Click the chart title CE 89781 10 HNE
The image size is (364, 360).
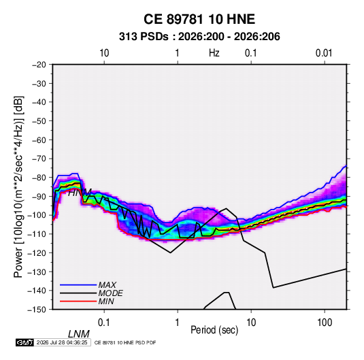click(199, 19)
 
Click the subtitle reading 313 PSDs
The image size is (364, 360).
click(144, 37)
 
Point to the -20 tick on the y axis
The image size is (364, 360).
click(39, 65)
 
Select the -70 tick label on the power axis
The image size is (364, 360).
click(39, 159)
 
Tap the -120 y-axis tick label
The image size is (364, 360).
click(37, 253)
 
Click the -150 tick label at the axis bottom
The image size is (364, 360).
click(37, 310)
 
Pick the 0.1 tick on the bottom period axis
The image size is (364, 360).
click(104, 323)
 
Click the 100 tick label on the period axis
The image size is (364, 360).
click(325, 323)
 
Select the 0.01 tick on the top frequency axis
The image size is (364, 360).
click(324, 53)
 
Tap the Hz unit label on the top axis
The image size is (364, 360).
click(214, 53)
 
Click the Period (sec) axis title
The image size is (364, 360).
click(214, 330)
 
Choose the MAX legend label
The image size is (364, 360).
click(107, 284)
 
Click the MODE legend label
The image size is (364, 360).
click(110, 293)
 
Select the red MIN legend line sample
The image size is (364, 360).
click(78, 301)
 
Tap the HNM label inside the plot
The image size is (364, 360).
click(80, 193)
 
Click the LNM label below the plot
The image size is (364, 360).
click(79, 334)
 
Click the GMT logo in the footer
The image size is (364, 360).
click(25, 342)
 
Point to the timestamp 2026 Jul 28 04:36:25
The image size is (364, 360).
click(62, 342)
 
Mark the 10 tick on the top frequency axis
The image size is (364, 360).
click(104, 53)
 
